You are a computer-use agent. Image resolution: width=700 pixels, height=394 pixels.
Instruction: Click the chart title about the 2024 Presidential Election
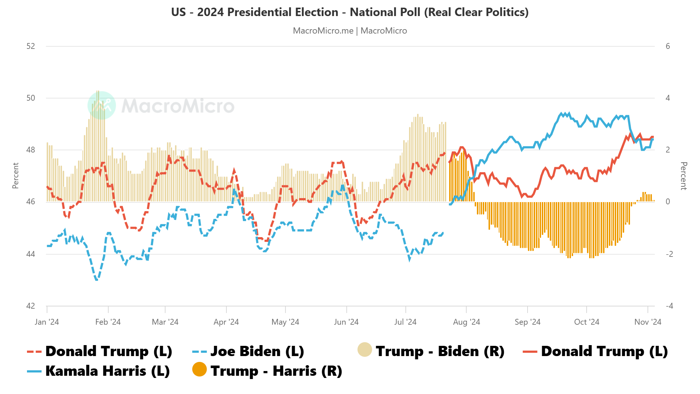(x=350, y=12)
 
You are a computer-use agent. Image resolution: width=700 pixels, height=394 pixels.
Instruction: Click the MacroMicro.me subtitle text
(x=350, y=31)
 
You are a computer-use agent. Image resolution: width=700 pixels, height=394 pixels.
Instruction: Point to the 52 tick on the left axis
(x=31, y=46)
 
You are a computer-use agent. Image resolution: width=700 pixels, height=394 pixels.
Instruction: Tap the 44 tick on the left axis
(x=31, y=254)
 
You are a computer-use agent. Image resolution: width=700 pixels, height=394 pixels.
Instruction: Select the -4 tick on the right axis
(x=669, y=306)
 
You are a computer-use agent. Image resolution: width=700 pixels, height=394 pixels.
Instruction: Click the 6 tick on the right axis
(x=668, y=46)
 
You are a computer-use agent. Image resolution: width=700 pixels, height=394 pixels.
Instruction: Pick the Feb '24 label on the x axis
(x=108, y=322)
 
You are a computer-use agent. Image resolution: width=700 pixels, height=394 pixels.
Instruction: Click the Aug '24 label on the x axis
(x=466, y=322)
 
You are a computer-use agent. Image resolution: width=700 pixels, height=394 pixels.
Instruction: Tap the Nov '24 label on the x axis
(x=647, y=322)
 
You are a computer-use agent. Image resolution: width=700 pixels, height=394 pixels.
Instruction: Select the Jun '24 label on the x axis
(x=346, y=322)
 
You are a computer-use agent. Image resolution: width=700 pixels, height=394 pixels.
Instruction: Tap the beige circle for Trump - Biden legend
(x=365, y=349)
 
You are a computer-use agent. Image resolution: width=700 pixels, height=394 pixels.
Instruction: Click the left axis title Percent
(x=15, y=175)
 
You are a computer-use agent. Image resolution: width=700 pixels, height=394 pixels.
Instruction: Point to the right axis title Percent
(x=684, y=176)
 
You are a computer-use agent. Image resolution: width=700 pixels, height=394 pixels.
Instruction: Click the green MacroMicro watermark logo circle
(x=102, y=105)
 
